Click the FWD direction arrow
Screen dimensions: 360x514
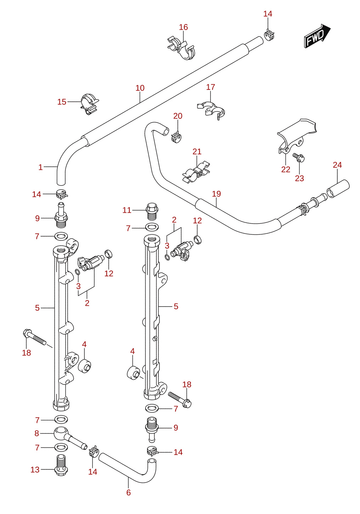317,36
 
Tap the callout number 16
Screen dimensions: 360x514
183,27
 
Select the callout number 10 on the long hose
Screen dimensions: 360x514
140,88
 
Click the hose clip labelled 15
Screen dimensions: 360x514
89,104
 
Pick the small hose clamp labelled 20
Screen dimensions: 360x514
176,137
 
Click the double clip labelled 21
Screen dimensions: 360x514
196,172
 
